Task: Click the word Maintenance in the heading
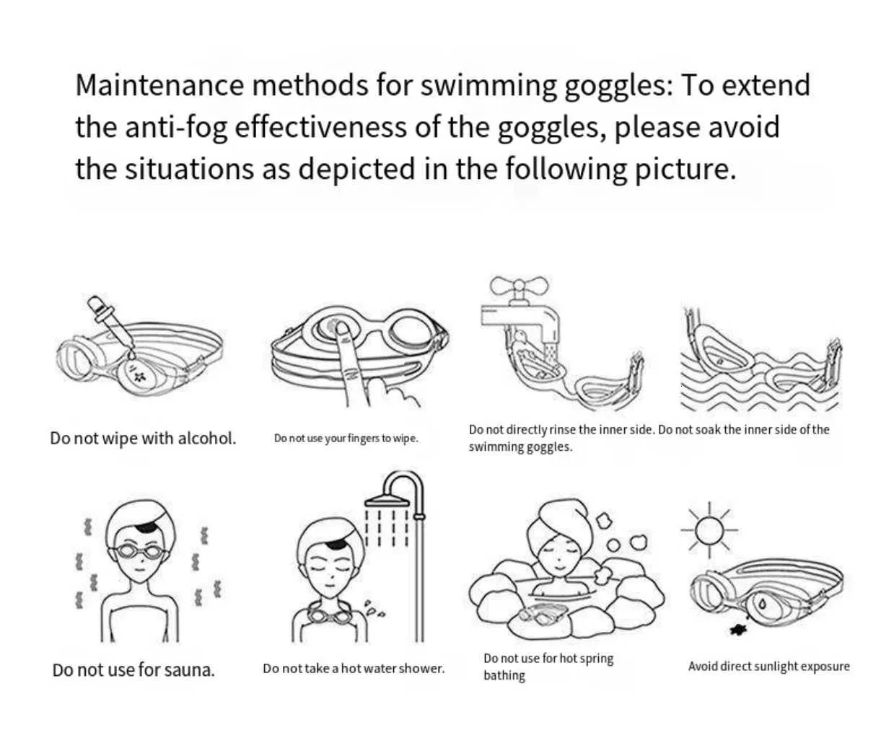tap(159, 85)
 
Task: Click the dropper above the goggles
tap(110, 325)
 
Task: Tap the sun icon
tap(709, 529)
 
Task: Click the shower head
tap(387, 501)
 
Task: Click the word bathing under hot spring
tap(504, 675)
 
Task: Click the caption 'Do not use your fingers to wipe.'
tap(346, 438)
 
